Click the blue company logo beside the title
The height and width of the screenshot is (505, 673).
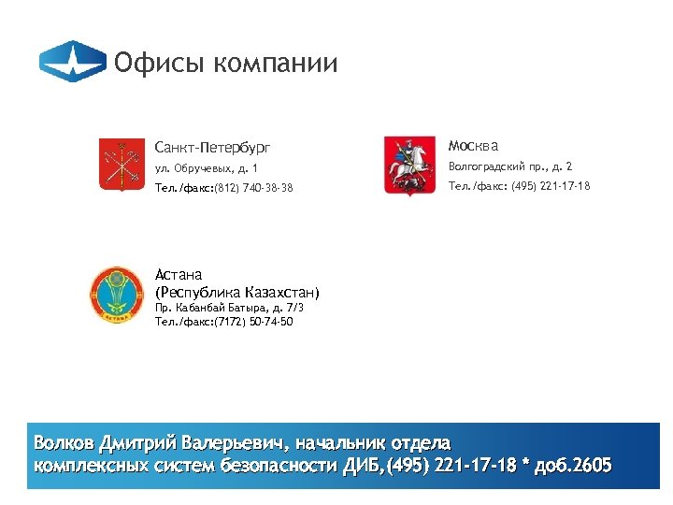pyautogui.click(x=72, y=63)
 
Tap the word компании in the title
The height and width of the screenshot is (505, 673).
pyautogui.click(x=275, y=64)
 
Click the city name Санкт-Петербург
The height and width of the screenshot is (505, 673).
pyautogui.click(x=212, y=147)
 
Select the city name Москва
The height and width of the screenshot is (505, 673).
pyautogui.click(x=473, y=146)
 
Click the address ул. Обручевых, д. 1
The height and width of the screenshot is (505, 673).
pyautogui.click(x=206, y=167)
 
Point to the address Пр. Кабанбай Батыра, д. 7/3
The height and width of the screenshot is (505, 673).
pyautogui.click(x=229, y=307)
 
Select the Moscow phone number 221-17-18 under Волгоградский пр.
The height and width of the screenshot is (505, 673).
pyautogui.click(x=565, y=186)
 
